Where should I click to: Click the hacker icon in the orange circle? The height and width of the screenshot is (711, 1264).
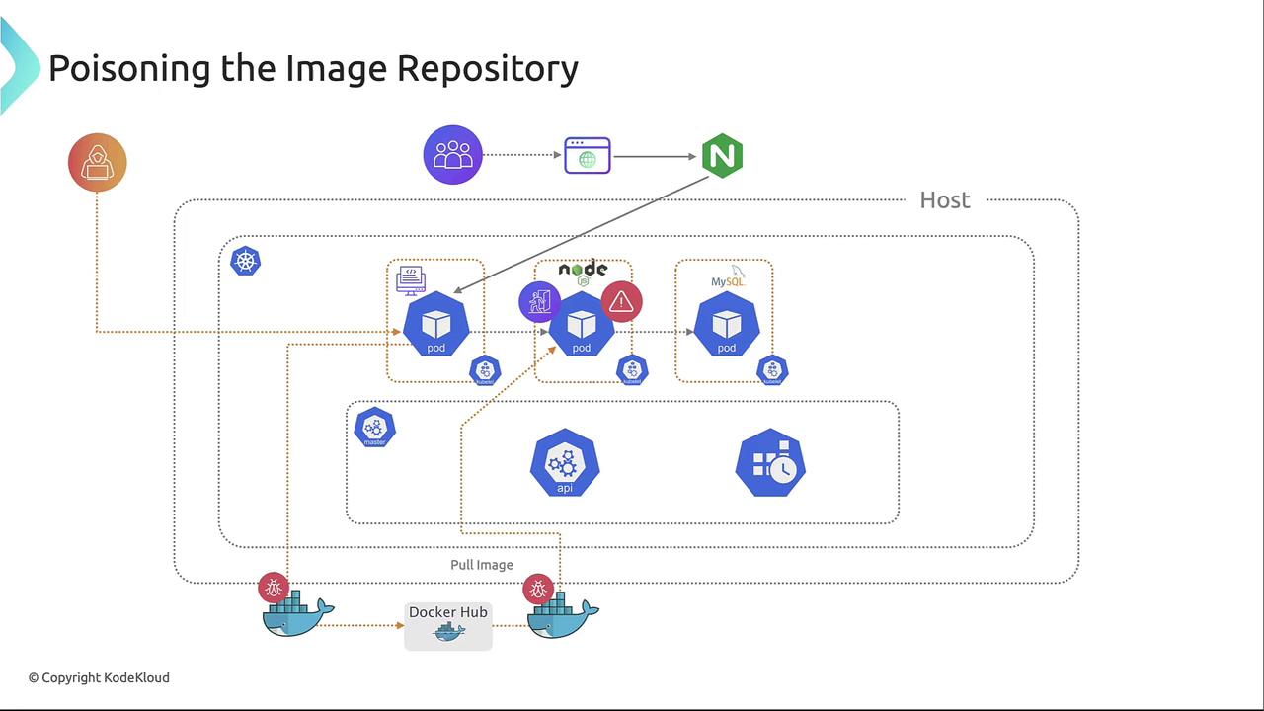[x=98, y=162]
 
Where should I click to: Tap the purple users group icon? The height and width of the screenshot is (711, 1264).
[x=452, y=155]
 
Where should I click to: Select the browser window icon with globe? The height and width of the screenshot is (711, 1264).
[x=588, y=156]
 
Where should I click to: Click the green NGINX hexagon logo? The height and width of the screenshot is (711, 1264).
[x=722, y=156]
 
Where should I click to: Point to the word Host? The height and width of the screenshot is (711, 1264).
[x=945, y=200]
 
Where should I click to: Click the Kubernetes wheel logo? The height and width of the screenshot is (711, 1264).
[x=245, y=261]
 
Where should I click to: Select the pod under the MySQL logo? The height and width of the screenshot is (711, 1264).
[x=727, y=325]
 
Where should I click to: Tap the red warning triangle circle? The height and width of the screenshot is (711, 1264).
[x=621, y=302]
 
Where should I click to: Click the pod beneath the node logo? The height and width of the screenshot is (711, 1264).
[x=582, y=325]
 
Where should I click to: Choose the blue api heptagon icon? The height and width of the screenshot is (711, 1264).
[x=565, y=463]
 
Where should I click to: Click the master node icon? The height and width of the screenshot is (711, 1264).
[x=374, y=428]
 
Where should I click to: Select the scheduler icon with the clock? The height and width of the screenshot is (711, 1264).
[x=770, y=462]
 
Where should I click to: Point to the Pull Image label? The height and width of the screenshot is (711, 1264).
[x=482, y=565]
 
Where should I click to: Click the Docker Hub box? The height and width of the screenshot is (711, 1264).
[x=448, y=625]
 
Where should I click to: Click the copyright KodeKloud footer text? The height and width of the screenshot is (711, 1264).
[x=99, y=677]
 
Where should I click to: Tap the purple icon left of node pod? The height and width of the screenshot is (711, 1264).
[x=539, y=302]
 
